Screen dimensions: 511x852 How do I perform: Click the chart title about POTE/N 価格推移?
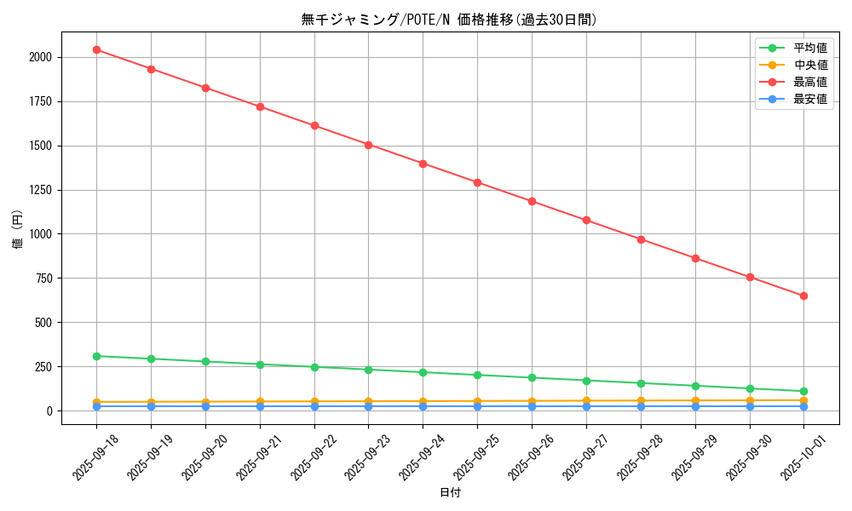point(449,20)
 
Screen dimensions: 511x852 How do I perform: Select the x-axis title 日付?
point(450,493)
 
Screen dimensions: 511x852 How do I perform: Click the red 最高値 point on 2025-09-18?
point(96,49)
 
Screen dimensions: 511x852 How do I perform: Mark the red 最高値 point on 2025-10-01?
point(803,296)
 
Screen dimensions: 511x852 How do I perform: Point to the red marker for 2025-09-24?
point(423,164)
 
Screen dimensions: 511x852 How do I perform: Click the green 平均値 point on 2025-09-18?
point(96,356)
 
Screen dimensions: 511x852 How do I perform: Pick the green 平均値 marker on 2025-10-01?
point(803,391)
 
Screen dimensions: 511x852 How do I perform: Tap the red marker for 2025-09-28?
point(641,239)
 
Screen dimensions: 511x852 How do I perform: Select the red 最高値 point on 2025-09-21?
point(260,106)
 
